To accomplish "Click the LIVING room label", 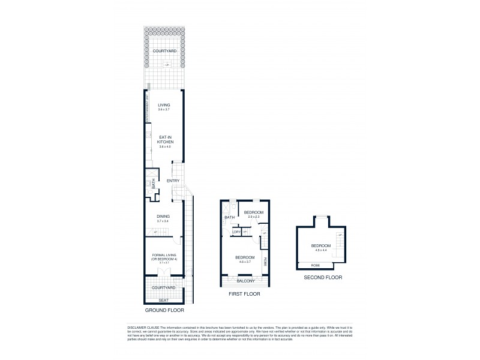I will pyautogui.click(x=164, y=105).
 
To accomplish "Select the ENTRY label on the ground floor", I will pyautogui.click(x=173, y=181).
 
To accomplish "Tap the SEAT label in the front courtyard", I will pyautogui.click(x=163, y=300).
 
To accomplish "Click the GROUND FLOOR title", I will pyautogui.click(x=164, y=311).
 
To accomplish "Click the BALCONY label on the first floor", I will pyautogui.click(x=245, y=281).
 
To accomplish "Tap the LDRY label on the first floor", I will pyautogui.click(x=236, y=232).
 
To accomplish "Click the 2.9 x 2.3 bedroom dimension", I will pyautogui.click(x=253, y=217).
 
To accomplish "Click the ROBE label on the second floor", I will pyautogui.click(x=315, y=265).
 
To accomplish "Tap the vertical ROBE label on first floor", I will pyautogui.click(x=265, y=262).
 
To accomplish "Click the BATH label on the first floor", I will pyautogui.click(x=229, y=218).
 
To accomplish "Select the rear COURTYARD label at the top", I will pyautogui.click(x=164, y=52).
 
